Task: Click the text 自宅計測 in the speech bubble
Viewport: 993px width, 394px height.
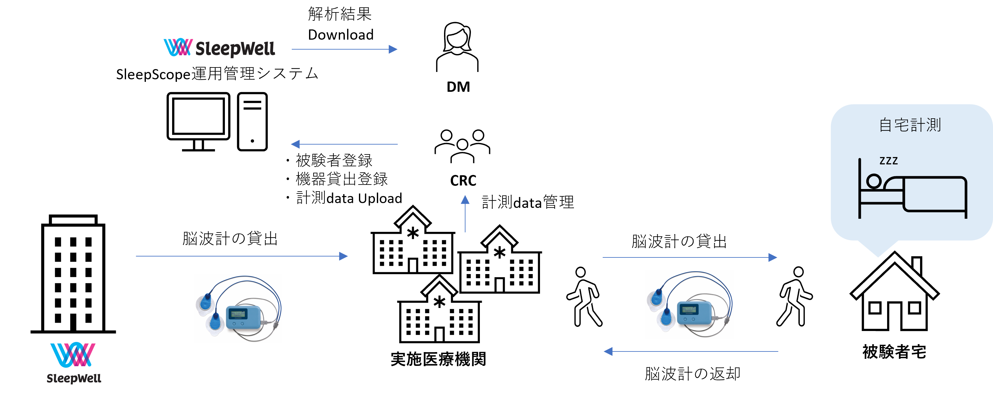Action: [x=910, y=125]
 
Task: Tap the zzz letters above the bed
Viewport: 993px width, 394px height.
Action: [x=888, y=161]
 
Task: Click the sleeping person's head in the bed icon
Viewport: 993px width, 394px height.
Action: [x=874, y=181]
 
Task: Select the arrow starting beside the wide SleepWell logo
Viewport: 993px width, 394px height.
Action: [x=344, y=49]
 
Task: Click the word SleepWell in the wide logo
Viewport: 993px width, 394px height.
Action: [x=235, y=49]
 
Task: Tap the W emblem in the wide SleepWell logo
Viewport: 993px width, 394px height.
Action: [x=178, y=47]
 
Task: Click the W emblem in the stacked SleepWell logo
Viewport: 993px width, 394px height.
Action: [x=73, y=354]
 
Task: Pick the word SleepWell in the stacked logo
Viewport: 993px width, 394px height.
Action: [x=74, y=378]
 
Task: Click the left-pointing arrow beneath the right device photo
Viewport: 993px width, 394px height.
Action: [x=691, y=351]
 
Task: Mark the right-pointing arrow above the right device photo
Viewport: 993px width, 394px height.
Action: [x=690, y=257]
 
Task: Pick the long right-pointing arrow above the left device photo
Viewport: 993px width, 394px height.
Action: [x=242, y=256]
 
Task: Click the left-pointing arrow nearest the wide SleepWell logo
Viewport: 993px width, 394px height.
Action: [x=344, y=144]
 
